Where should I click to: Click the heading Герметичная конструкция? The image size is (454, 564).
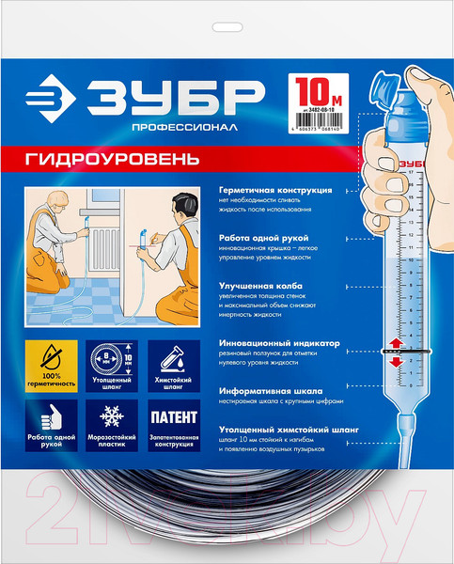tap(274, 189)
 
